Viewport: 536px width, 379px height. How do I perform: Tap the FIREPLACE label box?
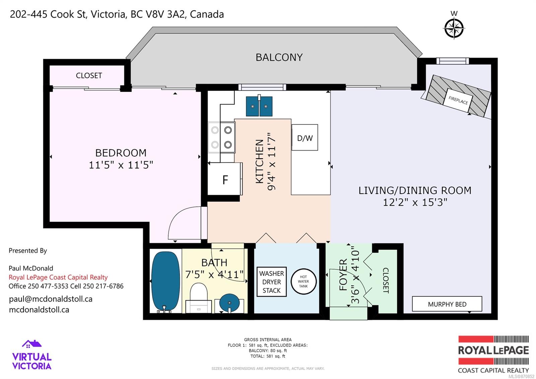[458, 100]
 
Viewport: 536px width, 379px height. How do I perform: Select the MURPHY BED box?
[447, 304]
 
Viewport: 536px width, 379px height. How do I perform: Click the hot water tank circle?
[304, 281]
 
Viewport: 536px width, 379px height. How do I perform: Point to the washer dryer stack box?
[271, 282]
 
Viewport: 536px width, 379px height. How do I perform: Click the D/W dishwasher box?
[305, 138]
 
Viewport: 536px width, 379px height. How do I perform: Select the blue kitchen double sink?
[259, 106]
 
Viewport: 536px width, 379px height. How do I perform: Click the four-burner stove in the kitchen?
[221, 137]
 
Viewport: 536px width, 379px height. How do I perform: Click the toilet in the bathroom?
[199, 297]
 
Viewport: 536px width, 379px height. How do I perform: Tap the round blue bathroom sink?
[229, 302]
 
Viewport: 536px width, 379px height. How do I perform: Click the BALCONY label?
[279, 57]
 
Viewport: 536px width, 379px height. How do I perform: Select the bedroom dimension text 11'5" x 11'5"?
[121, 165]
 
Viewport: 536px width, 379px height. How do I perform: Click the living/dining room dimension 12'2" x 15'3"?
[415, 203]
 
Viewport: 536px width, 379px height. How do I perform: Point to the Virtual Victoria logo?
[32, 355]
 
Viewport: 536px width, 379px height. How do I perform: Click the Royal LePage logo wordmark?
[493, 350]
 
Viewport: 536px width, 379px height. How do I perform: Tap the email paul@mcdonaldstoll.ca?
[51, 299]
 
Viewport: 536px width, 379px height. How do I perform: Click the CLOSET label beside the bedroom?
[89, 75]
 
